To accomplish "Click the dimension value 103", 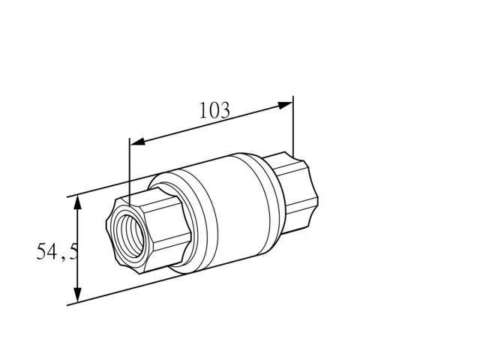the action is (214, 110).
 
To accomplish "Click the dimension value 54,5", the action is (57, 251).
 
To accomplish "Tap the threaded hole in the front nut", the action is (128, 235).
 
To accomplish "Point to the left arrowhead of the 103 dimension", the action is (137, 142).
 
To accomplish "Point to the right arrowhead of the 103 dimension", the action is (285, 105).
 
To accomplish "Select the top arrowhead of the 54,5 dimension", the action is (78, 202).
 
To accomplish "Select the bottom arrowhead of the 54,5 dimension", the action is (78, 295).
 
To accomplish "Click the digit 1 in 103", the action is (203, 110).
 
